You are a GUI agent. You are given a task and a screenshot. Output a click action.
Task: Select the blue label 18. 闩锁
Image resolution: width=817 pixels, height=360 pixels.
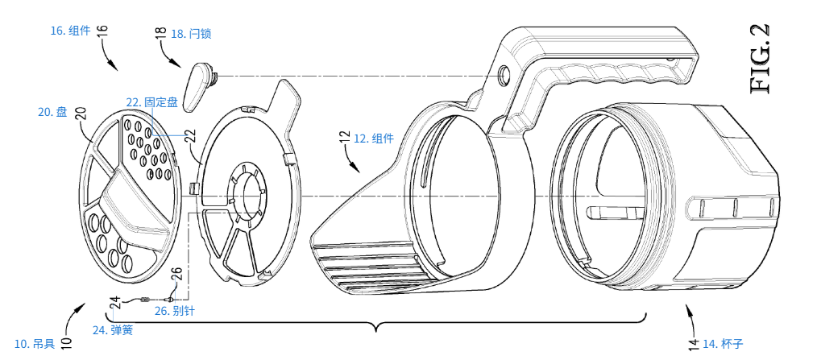191,34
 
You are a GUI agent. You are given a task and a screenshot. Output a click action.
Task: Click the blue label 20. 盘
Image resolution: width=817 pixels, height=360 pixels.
52,111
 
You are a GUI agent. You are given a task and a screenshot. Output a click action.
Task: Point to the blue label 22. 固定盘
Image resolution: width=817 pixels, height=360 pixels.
152,102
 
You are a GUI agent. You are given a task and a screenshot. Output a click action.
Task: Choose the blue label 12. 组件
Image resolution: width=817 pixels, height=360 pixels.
374,139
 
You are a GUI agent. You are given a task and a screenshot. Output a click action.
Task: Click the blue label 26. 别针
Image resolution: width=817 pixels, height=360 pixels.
175,311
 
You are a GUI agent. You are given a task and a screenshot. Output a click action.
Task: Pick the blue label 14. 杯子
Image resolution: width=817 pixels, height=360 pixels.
723,343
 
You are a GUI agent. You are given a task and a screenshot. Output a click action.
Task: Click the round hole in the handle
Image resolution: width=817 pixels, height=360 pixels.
504,74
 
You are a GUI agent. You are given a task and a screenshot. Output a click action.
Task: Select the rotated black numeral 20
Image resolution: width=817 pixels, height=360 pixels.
81,114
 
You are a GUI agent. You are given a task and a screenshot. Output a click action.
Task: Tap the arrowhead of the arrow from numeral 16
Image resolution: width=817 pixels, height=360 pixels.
114,67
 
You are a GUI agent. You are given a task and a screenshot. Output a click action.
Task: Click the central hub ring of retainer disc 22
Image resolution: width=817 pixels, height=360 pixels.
248,196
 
